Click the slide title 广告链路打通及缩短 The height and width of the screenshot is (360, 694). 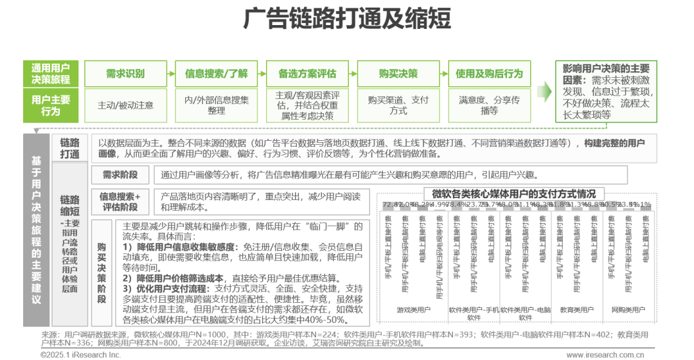tap(347, 19)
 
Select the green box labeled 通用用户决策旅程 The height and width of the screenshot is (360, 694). tap(51, 73)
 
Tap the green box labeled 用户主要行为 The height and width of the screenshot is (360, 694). tap(51, 105)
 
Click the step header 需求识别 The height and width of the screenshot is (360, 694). tap(125, 73)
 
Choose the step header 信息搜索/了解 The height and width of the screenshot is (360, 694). tap(216, 73)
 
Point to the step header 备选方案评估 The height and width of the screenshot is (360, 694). tap(307, 73)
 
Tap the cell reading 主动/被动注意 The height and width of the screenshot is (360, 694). tap(125, 105)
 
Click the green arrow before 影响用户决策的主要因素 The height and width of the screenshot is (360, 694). tap(544, 92)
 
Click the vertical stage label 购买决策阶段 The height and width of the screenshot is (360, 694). tap(102, 273)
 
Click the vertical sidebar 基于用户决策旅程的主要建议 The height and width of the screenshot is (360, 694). tap(36, 228)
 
